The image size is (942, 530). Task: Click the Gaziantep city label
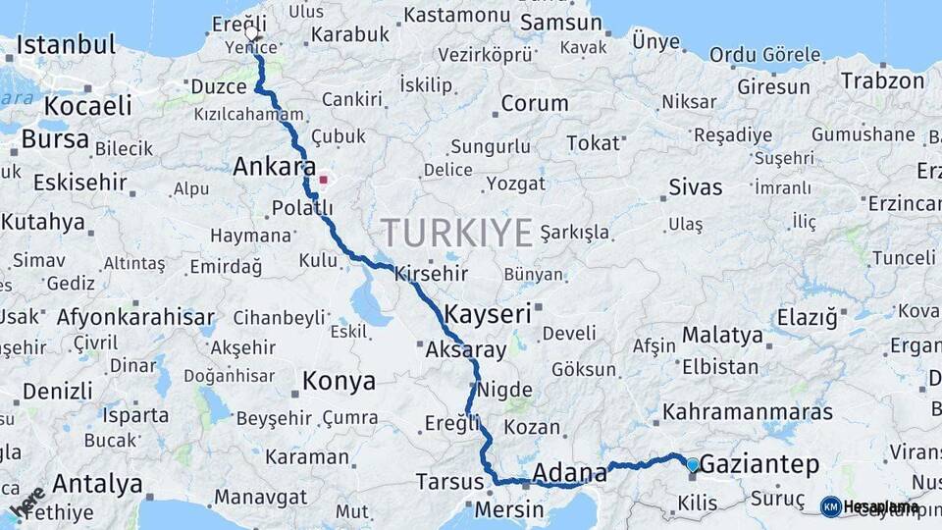pos(759,465)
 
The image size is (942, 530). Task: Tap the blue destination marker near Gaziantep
pos(693,464)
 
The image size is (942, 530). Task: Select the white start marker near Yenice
pos(252,33)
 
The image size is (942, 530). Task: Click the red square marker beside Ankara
pos(323,180)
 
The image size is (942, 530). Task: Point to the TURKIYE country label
pos(457,233)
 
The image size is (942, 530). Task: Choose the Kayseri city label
pos(488,314)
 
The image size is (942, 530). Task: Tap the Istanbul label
pos(66,44)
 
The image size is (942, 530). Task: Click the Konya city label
pos(339,381)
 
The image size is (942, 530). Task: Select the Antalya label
pos(97,484)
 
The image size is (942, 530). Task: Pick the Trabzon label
pos(883,80)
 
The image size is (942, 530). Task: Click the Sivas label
pos(695,186)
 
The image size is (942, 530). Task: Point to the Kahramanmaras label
pos(748,411)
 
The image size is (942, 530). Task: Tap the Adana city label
pos(569,474)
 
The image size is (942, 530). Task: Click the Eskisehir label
pos(80,183)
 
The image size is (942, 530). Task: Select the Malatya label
pos(722,335)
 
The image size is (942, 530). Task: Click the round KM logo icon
pos(830,506)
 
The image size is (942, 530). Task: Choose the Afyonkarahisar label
pos(135,317)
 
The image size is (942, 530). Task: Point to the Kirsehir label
pos(432,274)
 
